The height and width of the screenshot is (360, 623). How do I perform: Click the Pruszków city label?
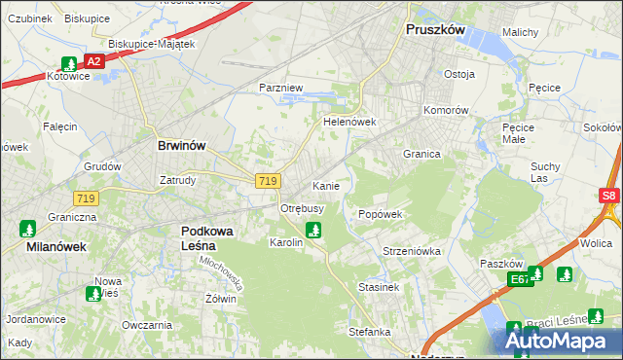click(435, 30)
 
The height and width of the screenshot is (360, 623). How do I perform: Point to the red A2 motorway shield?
click(93, 61)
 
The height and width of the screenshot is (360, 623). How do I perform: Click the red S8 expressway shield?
click(609, 196)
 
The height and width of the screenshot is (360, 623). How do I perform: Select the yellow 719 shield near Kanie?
click(269, 181)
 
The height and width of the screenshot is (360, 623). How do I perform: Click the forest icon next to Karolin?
click(312, 231)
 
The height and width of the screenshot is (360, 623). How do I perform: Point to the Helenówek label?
click(349, 123)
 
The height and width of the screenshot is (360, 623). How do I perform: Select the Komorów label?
click(445, 110)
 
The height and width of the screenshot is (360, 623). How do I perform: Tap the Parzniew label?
click(282, 88)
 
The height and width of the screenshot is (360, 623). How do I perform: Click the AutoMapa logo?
click(558, 341)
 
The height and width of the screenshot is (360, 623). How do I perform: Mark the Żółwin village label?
click(221, 299)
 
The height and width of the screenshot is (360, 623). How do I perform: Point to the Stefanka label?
click(370, 332)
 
